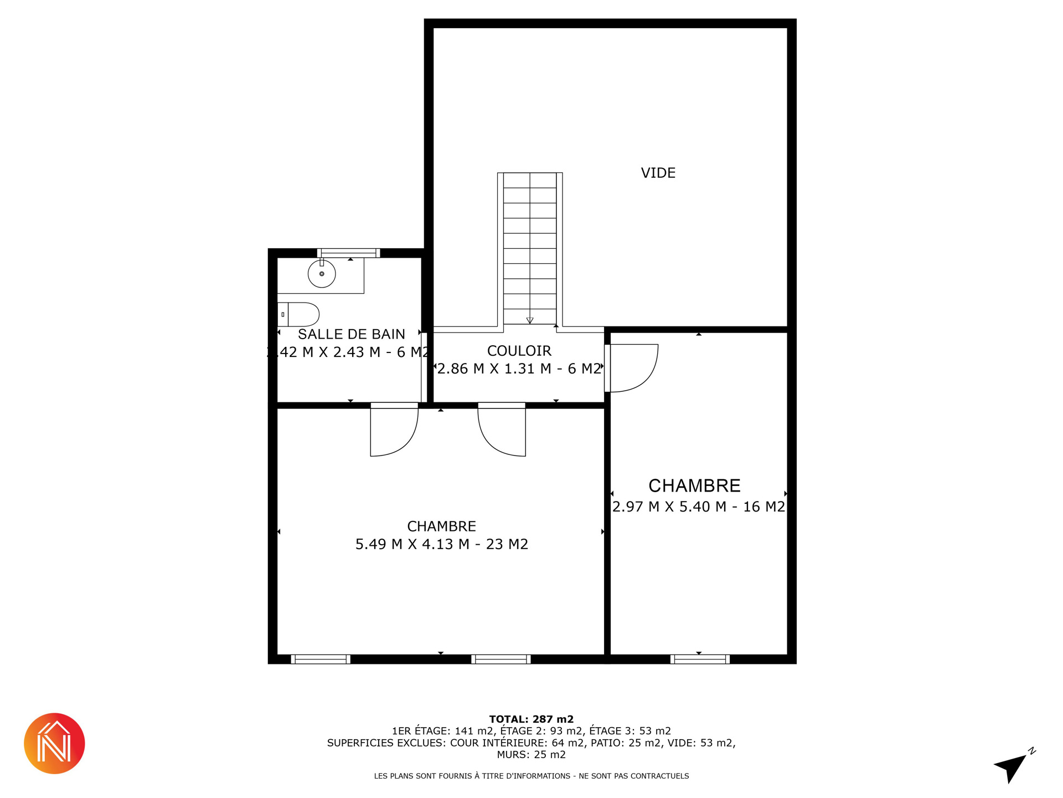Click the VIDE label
click(658, 173)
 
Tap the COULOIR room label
click(519, 351)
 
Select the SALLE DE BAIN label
click(352, 334)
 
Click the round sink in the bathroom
click(322, 273)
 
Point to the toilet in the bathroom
click(298, 314)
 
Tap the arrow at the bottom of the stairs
click(530, 320)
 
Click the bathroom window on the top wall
click(348, 253)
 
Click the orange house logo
click(54, 744)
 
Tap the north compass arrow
click(1012, 768)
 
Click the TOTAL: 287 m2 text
click(531, 719)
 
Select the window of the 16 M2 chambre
click(700, 659)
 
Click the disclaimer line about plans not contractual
click(531, 776)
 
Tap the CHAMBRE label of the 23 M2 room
click(442, 526)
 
